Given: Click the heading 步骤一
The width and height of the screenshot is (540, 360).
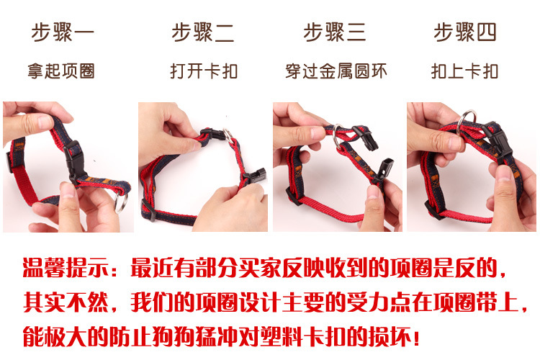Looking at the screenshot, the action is click(x=63, y=32).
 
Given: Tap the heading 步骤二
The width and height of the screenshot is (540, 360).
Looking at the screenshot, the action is click(x=203, y=32).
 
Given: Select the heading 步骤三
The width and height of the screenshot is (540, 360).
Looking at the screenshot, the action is click(x=334, y=32).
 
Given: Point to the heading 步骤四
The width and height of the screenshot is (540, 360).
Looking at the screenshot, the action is click(x=464, y=32).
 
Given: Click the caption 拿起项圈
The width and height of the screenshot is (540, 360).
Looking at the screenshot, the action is click(x=61, y=71).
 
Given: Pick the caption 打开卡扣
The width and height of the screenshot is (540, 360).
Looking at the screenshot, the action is click(x=204, y=71).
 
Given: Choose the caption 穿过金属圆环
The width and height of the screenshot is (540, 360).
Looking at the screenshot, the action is click(x=336, y=71).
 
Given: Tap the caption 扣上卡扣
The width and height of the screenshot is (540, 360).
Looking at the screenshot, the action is click(x=464, y=71).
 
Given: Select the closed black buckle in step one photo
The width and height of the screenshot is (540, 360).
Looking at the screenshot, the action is click(x=74, y=162).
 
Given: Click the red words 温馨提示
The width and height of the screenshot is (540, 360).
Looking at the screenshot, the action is click(x=66, y=268).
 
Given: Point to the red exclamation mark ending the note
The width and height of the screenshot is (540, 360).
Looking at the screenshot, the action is click(x=416, y=336).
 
